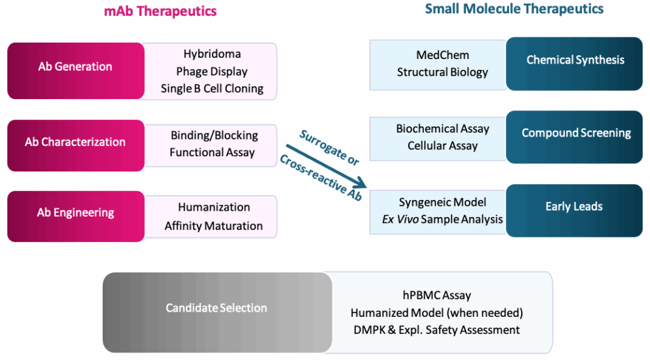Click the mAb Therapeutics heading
160,11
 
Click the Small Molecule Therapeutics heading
514,9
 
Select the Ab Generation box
76,67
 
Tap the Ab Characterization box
76,142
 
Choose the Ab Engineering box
76,213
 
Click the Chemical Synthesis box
575,60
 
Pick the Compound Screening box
576,133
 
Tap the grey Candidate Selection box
216,308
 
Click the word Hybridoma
212,54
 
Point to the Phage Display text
212,71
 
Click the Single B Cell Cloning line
212,88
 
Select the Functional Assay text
212,152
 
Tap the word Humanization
214,208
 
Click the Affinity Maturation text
214,225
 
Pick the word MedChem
442,55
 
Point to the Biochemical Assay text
442,129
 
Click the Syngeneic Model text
442,203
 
